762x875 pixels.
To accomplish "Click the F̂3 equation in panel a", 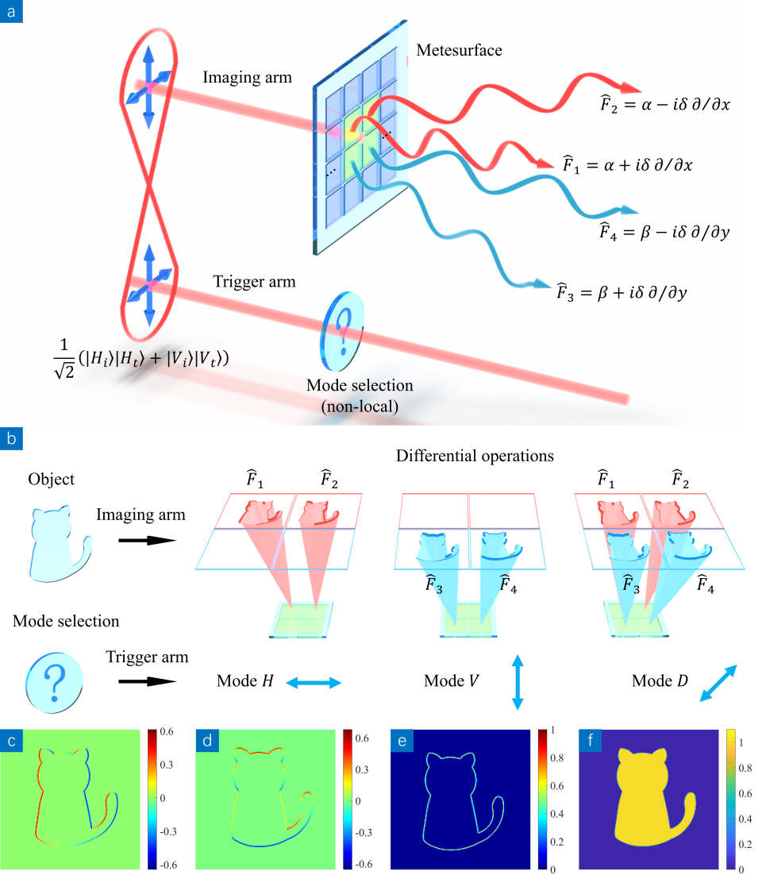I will click(x=621, y=292).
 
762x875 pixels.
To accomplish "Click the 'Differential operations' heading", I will click(x=475, y=457).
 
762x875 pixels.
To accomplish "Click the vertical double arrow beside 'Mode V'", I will click(x=517, y=681).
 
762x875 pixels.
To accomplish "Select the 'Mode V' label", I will click(x=451, y=681).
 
